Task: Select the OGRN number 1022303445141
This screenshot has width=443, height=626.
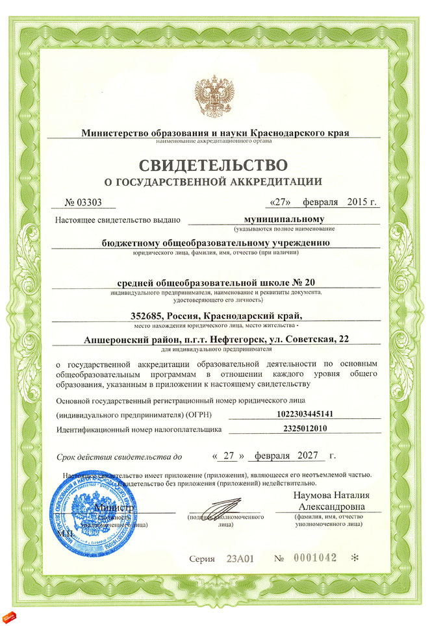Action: [x=303, y=414]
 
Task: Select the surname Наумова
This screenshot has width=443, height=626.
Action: [x=318, y=495]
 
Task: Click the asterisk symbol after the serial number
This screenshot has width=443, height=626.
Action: [x=354, y=558]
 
